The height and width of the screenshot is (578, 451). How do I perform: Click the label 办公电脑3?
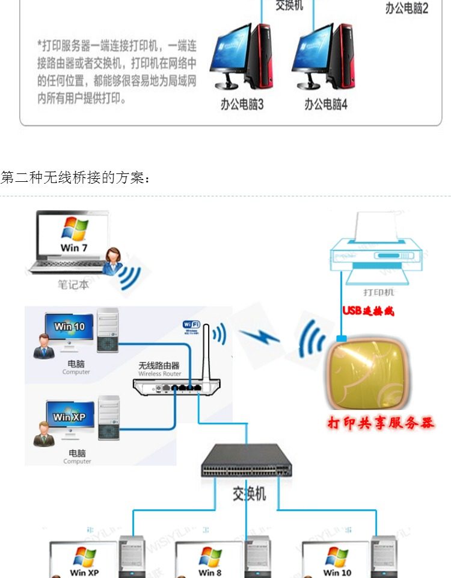click(242, 105)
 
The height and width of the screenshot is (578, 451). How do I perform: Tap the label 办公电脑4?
click(325, 105)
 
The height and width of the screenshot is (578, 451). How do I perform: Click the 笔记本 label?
click(73, 285)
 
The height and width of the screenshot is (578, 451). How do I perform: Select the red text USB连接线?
click(368, 311)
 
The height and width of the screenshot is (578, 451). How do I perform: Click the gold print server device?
click(367, 373)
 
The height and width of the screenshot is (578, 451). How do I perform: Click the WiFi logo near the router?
click(192, 326)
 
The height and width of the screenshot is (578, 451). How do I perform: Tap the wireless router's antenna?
click(206, 352)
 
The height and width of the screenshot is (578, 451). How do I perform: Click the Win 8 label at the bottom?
click(210, 572)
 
